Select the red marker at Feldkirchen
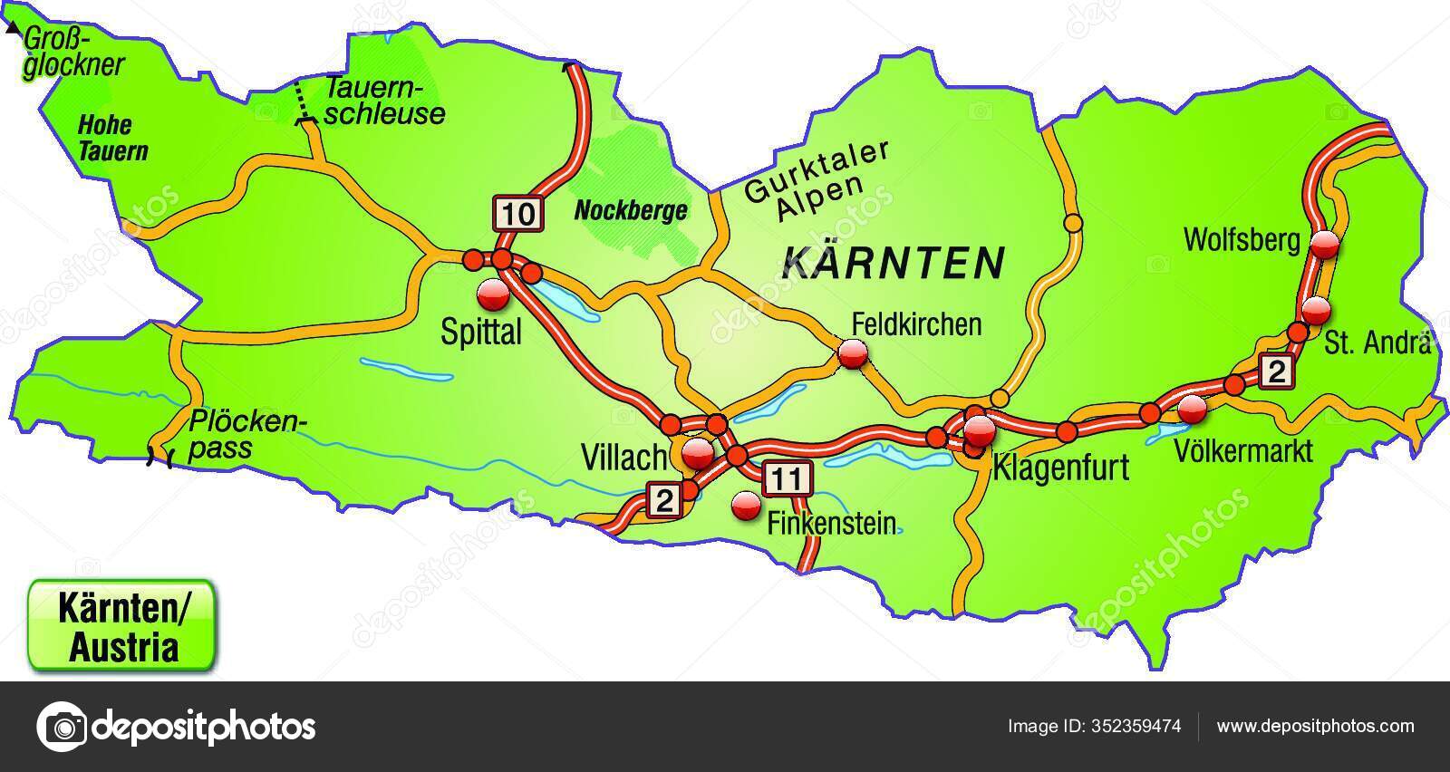point(852,353)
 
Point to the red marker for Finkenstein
point(746,505)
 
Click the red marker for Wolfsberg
point(1324,245)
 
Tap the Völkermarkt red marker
point(1193,410)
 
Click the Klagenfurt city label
point(1061,468)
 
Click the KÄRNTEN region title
point(893,264)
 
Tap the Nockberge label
point(631,211)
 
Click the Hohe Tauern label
point(111,138)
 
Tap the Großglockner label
point(72,52)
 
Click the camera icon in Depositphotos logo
point(62,727)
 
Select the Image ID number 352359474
point(1137,726)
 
